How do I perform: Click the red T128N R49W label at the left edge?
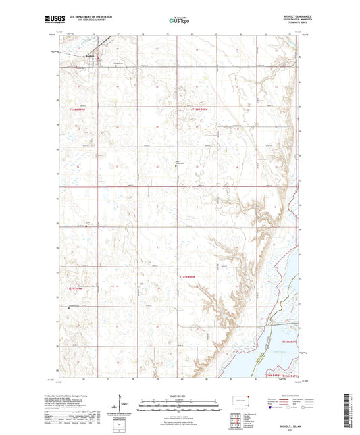78,108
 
